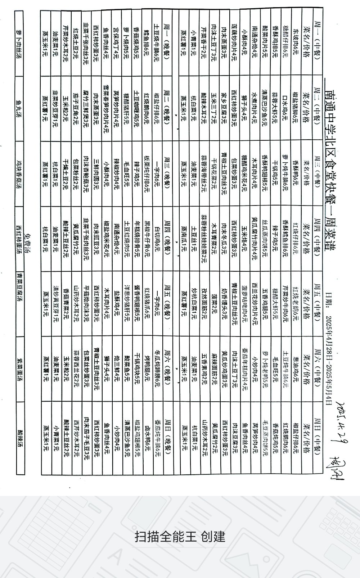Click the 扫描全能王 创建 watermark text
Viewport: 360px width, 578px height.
pyautogui.click(x=180, y=536)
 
